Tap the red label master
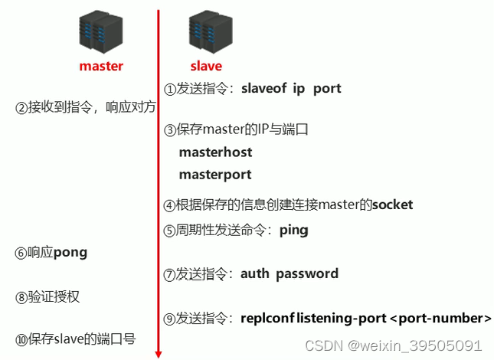(101, 66)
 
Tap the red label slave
(206, 66)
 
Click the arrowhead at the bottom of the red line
(159, 353)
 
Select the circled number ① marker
(170, 88)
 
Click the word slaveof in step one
(263, 88)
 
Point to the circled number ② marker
(21, 107)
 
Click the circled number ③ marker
(170, 130)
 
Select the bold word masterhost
(215, 152)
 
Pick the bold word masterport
(215, 175)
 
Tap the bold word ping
(293, 229)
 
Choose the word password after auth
(307, 273)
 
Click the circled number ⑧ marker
(21, 296)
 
